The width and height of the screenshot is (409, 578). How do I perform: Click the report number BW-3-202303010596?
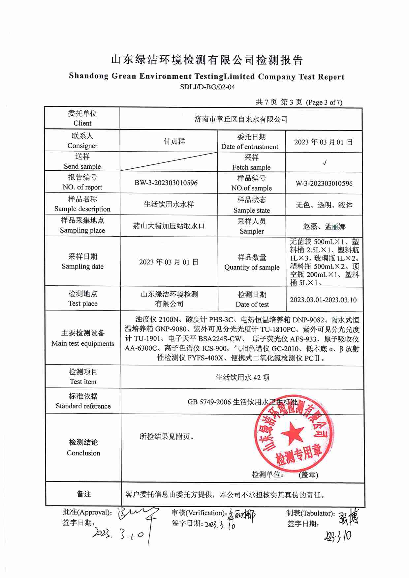click(166, 183)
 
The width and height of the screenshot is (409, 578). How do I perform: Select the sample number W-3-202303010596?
click(324, 184)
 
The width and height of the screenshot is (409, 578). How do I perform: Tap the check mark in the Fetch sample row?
click(325, 162)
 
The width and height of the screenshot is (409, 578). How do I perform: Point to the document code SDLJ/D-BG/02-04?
click(207, 87)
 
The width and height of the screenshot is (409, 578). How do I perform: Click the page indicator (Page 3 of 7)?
click(324, 102)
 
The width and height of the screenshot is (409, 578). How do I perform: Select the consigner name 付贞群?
click(174, 141)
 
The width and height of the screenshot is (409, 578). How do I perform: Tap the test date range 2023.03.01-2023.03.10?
click(323, 300)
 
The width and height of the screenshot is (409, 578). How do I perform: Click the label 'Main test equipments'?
click(83, 343)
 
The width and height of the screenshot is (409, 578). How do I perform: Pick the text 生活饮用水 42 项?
click(242, 377)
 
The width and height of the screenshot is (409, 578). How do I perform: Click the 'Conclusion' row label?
click(83, 453)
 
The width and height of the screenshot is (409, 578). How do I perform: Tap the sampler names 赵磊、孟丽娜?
click(324, 227)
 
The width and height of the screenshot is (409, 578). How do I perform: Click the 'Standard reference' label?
click(83, 406)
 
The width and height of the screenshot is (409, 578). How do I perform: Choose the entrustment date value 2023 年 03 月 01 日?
click(323, 142)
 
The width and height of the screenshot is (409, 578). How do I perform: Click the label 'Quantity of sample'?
click(252, 267)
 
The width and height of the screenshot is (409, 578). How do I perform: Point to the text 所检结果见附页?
click(167, 437)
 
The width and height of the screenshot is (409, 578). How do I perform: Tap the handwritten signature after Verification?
click(241, 515)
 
